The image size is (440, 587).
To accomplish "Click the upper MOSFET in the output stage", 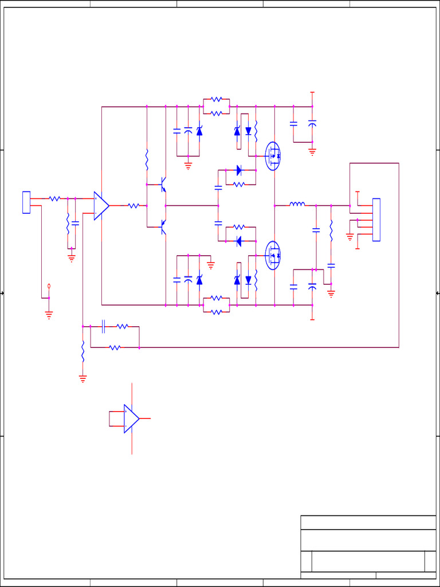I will pos(273,155).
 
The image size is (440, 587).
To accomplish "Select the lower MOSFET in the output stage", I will pos(273,255).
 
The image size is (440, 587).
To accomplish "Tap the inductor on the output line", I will pos(297,204).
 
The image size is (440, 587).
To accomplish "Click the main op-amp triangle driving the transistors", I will pos(101,206).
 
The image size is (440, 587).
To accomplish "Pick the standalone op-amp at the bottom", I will pos(131,418).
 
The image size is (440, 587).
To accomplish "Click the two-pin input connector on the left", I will pos(26,202).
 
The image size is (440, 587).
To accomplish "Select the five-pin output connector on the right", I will pos(376,220).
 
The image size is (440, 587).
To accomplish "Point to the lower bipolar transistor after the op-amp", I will pos(163,227).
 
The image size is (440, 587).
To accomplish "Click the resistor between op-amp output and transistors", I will pos(133,206).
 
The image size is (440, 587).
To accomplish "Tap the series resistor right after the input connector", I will pos(54,198).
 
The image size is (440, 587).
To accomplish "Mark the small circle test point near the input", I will pos(49,285).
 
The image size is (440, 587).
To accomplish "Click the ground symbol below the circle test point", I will pos(49,314).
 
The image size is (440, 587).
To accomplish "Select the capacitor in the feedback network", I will pos(103,327).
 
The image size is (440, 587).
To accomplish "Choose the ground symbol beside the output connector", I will pos(350,236).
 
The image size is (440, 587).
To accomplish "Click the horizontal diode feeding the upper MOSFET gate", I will pos(239,170).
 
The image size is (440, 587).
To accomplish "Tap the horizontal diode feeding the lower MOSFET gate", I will pos(239,241).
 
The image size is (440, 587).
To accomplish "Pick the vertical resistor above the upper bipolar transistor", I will pos(147,159).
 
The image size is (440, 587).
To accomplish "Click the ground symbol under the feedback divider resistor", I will pos(83,378).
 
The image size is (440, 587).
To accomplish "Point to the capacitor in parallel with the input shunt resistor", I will pos(75,223).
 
